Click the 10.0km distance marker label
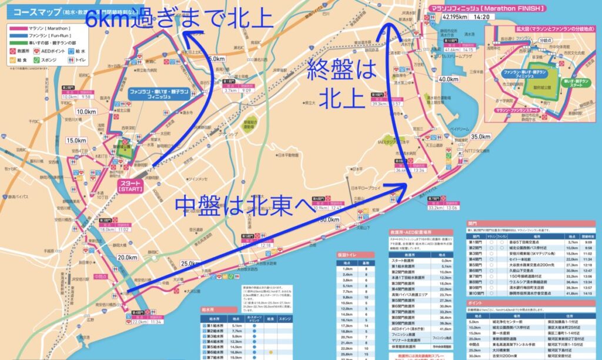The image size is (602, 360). (x=86, y=111)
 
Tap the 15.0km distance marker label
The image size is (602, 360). (x=76, y=141)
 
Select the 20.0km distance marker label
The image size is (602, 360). (x=126, y=257)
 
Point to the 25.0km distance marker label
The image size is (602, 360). (x=191, y=263)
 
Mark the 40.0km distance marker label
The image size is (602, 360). (x=448, y=79)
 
